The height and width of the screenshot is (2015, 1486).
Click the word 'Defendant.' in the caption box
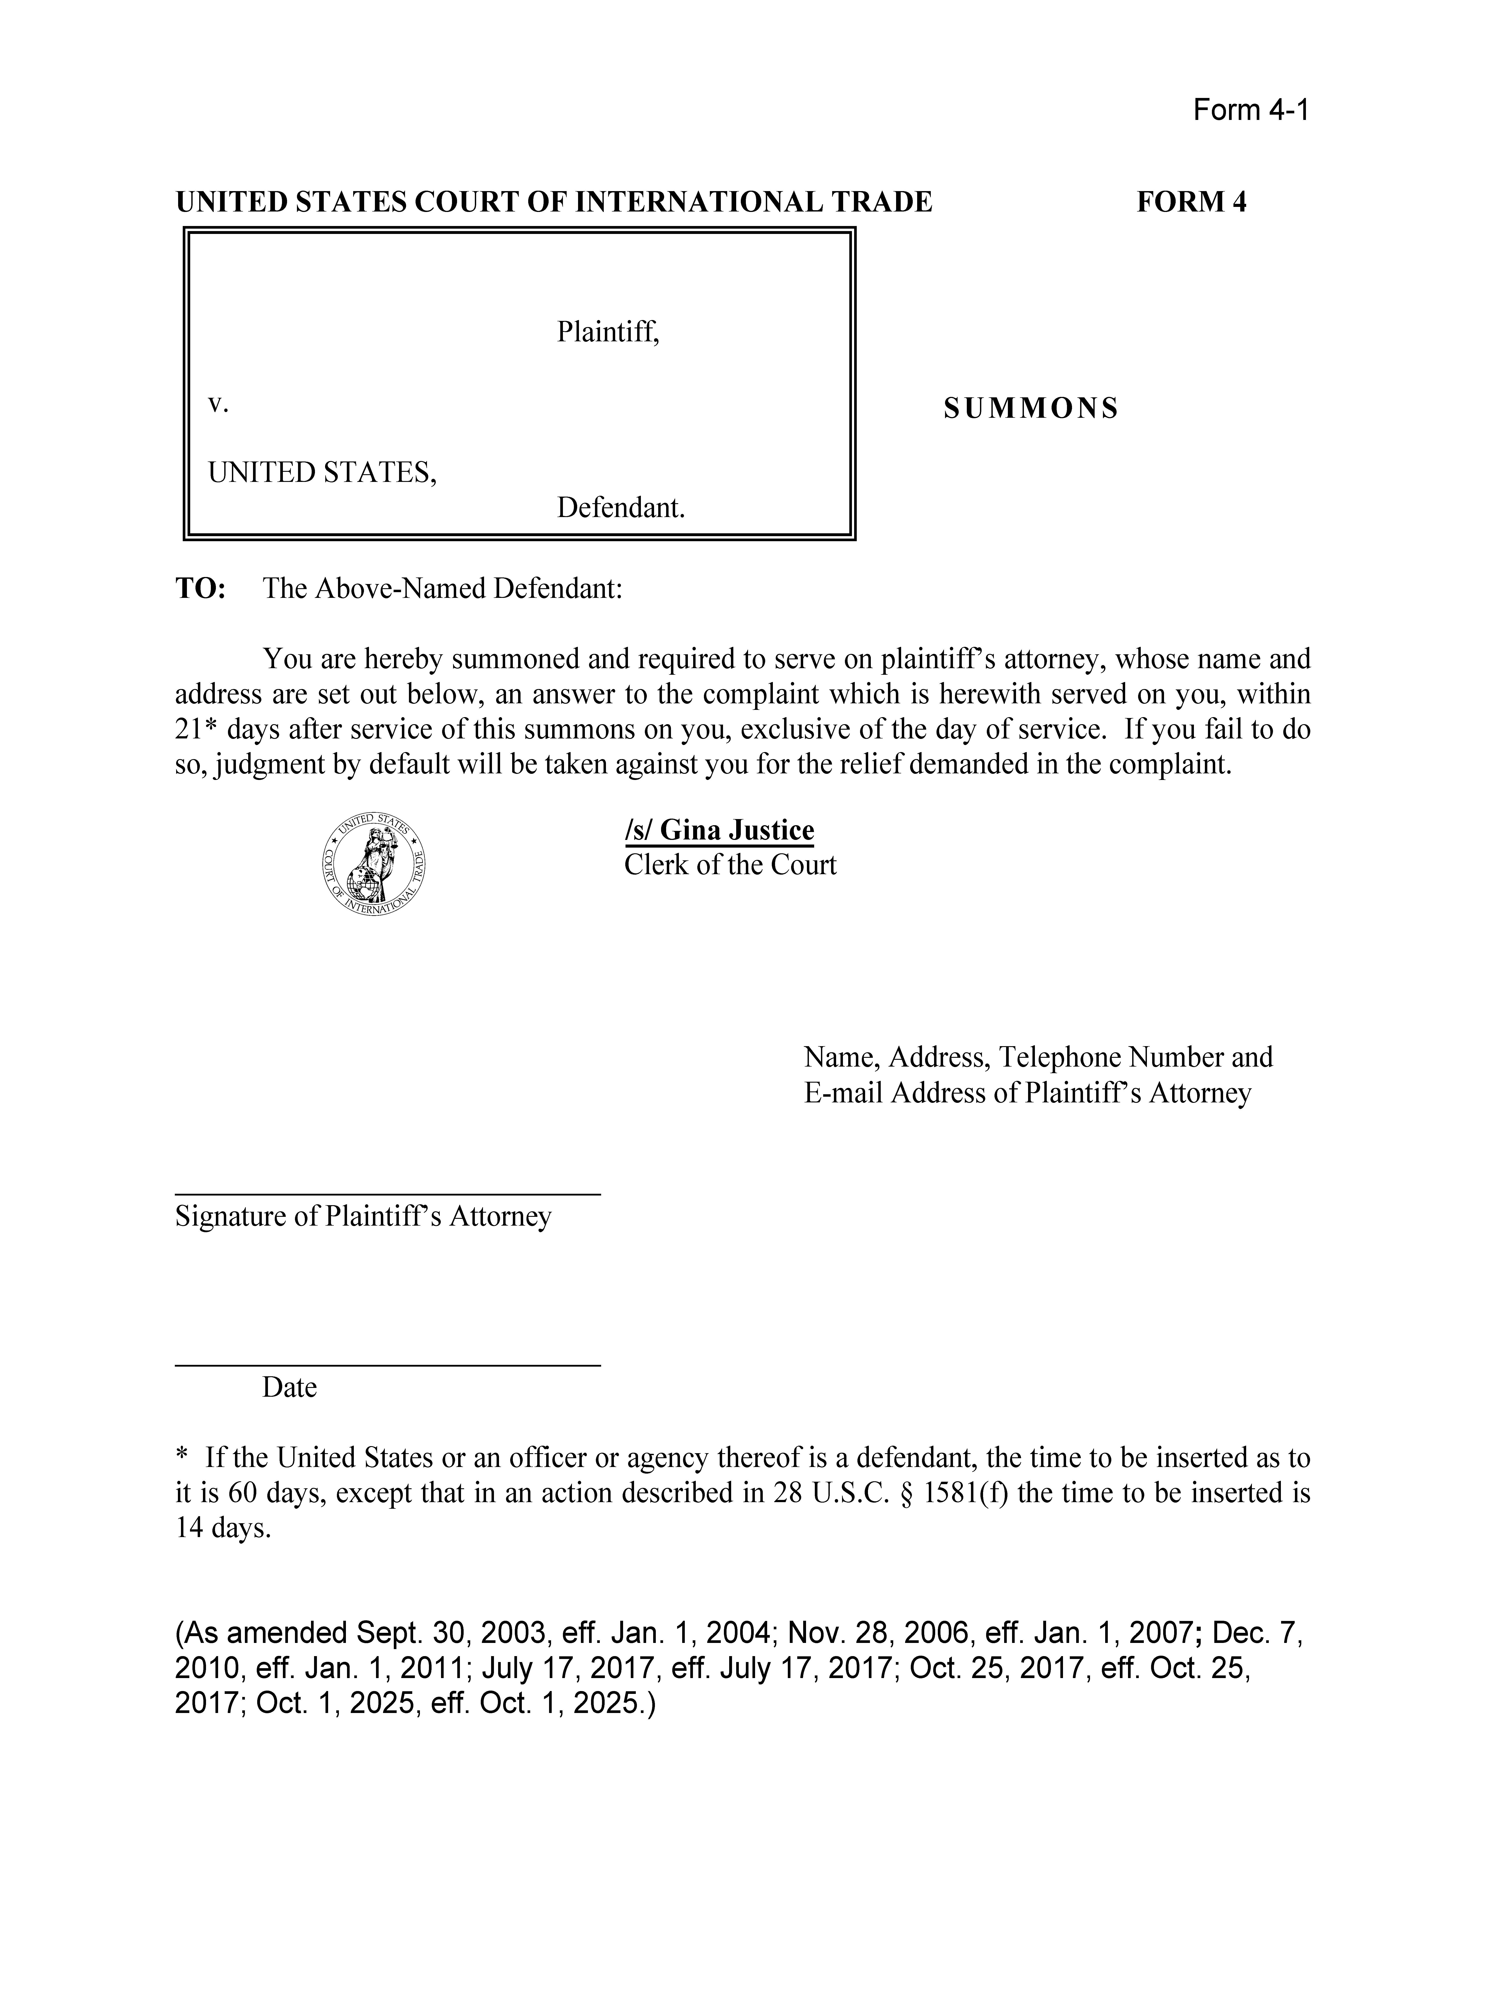point(621,508)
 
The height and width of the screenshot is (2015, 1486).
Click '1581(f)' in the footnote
point(962,1493)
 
